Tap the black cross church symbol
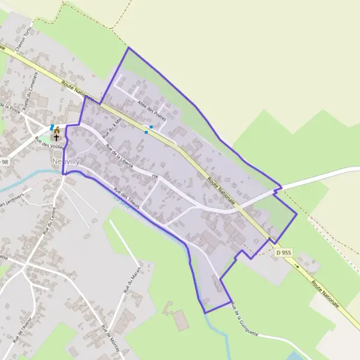[x=57, y=137]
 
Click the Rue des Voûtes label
[x=49, y=147]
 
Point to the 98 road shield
[x=5, y=162]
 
